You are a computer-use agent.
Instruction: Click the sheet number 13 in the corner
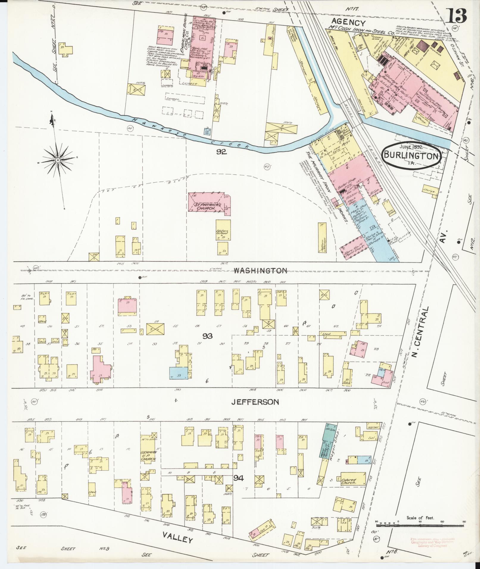tap(457, 15)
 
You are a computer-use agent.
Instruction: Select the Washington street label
tap(260, 271)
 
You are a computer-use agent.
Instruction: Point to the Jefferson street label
tap(255, 402)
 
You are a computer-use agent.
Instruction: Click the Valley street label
tap(178, 538)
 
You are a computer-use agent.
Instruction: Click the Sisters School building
tap(223, 230)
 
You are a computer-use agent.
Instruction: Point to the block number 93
tap(208, 336)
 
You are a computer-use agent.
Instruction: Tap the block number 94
tap(239, 478)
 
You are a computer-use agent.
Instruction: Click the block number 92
tap(221, 152)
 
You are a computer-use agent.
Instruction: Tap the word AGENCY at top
tap(348, 22)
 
